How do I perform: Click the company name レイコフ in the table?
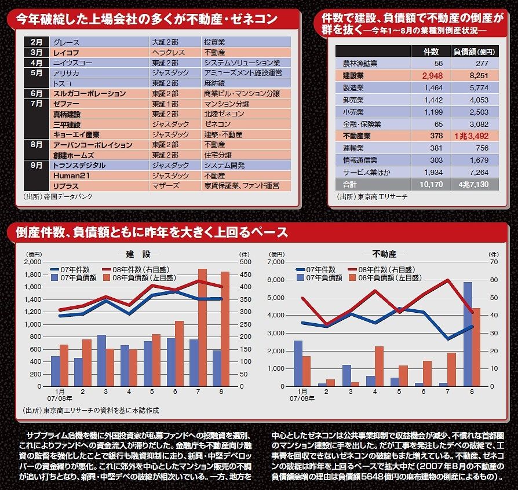(x=65, y=53)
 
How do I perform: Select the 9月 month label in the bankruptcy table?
(x=37, y=165)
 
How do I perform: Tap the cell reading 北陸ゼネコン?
(x=221, y=114)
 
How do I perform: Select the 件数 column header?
(x=433, y=52)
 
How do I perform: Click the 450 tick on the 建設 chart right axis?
(x=244, y=274)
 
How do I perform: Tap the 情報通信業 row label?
(x=360, y=160)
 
